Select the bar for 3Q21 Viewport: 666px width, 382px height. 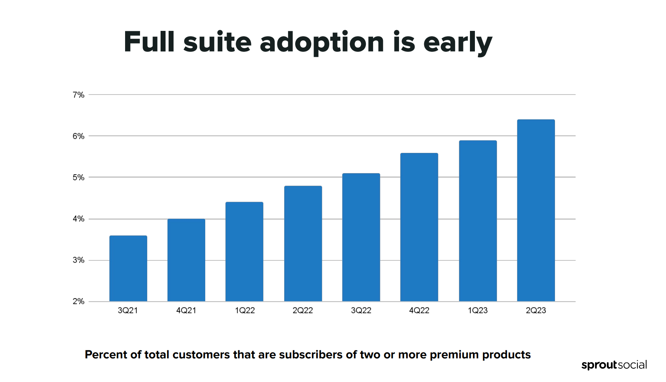[128, 268]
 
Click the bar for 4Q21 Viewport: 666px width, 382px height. [186, 260]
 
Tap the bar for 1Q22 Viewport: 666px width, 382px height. [244, 252]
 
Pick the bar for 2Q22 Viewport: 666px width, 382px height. [303, 244]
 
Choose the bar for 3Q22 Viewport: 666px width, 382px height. [361, 237]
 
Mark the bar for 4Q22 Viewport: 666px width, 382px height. [419, 227]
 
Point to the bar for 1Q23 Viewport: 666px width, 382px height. [478, 221]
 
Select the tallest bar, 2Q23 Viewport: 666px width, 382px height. [536, 210]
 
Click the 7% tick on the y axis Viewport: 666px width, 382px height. [79, 95]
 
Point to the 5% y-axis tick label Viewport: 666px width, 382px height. [79, 178]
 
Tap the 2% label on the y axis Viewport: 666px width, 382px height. [79, 302]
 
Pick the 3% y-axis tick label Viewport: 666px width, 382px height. [79, 260]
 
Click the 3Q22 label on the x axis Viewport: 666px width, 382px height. [361, 311]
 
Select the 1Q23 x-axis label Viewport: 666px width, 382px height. [478, 311]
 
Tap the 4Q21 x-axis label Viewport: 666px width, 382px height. [186, 311]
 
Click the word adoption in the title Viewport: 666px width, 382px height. [322, 43]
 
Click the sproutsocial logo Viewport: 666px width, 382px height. [614, 365]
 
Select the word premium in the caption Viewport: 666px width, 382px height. [454, 355]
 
